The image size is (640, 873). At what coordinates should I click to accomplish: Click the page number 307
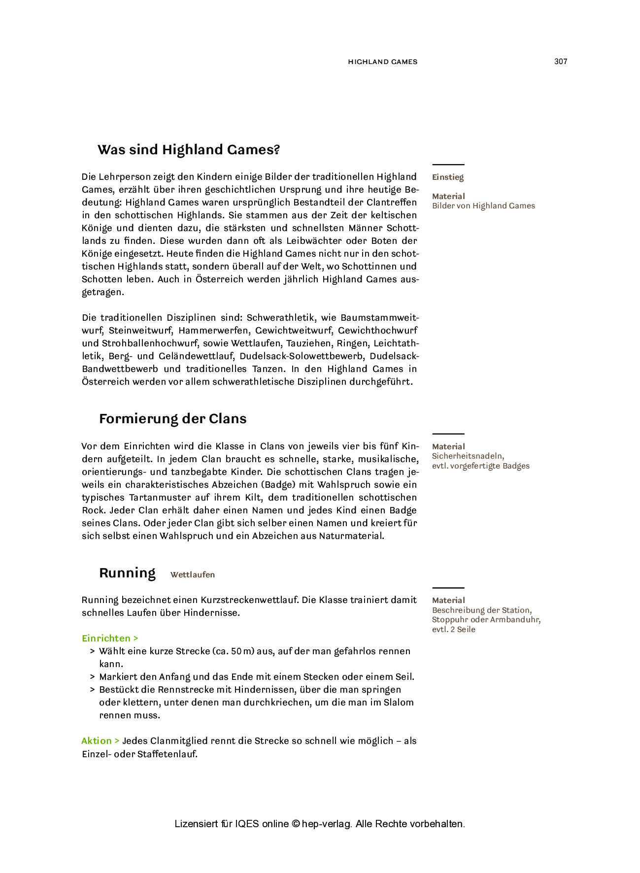[x=561, y=62]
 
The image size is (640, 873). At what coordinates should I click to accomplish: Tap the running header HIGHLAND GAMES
[x=382, y=62]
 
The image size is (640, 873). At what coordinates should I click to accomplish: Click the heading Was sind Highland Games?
[x=189, y=149]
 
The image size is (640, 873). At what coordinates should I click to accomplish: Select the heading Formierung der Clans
[x=172, y=419]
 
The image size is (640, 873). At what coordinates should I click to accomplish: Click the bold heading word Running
[x=127, y=573]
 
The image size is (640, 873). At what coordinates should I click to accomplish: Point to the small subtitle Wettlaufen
[x=193, y=575]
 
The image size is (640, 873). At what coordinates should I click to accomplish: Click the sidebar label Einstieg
[x=448, y=177]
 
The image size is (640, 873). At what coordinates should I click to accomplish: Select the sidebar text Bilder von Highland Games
[x=483, y=206]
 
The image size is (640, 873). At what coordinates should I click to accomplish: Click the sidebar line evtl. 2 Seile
[x=453, y=630]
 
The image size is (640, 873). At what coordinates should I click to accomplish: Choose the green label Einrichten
[x=106, y=638]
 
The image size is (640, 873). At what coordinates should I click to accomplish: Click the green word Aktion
[x=97, y=741]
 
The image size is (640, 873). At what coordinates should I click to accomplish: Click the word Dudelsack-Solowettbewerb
[x=302, y=356]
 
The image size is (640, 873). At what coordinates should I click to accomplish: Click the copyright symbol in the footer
[x=296, y=824]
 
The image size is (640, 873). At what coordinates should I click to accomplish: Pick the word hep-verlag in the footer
[x=326, y=824]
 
